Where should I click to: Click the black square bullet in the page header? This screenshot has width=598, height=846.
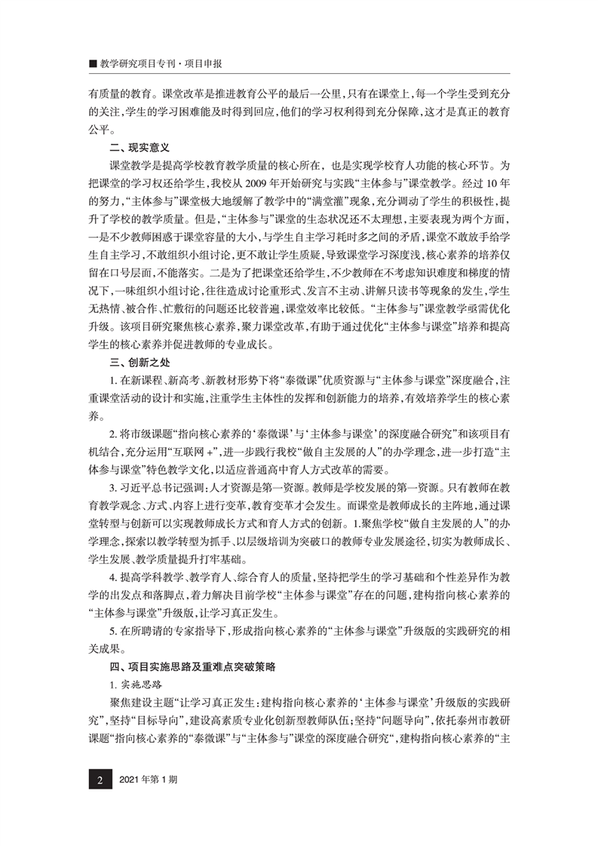click(93, 65)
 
